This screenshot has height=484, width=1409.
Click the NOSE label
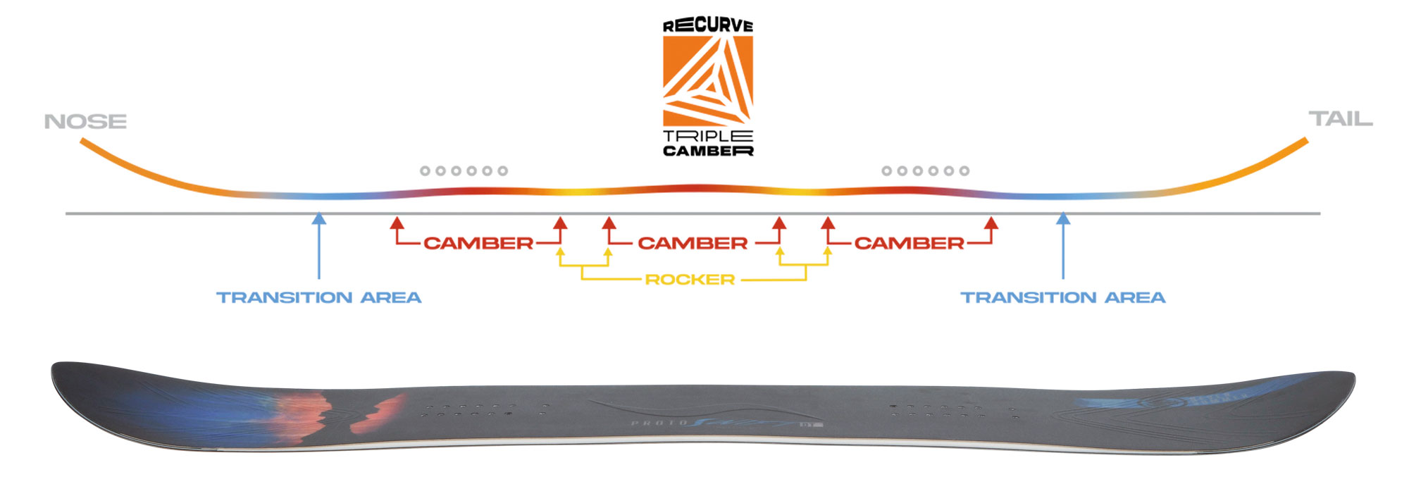coord(85,122)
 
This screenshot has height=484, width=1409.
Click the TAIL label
coord(1340,119)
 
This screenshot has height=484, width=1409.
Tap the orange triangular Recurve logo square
coord(708,80)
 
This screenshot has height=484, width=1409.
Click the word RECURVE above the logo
coord(708,26)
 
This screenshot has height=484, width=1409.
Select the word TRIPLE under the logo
coord(708,136)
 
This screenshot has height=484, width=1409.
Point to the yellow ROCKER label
coord(690,280)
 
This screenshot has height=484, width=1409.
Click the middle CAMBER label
coord(693,243)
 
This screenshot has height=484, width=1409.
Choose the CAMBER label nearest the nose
coord(478,243)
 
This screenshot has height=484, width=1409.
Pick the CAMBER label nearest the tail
coord(909,243)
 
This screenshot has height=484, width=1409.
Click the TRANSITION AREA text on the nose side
coord(318,297)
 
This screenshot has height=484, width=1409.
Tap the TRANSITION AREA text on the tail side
coord(1063,297)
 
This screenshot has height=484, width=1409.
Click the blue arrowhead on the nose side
coord(319,219)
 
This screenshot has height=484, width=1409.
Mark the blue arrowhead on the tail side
coord(1063,219)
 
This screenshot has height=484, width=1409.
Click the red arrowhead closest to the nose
coord(397,223)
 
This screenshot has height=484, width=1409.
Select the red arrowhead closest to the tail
coord(991,223)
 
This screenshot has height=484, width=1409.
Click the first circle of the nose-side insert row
coord(425,170)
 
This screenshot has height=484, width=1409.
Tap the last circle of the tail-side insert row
coord(964,170)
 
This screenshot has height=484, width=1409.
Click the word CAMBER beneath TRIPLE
coord(708,151)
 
